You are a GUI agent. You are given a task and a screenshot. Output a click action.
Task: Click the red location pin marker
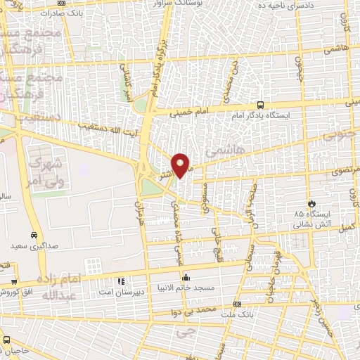click(181, 165)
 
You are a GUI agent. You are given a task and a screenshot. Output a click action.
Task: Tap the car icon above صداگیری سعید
click(33, 235)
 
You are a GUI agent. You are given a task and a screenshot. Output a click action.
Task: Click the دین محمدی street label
click(231, 79)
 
